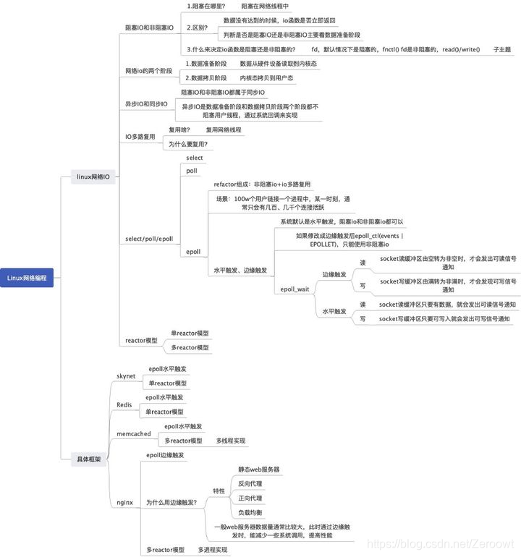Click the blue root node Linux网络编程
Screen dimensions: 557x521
[x=27, y=277]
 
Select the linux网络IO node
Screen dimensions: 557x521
[x=93, y=176]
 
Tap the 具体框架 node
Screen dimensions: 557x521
[x=89, y=459]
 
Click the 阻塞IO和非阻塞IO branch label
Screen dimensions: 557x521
[x=150, y=27]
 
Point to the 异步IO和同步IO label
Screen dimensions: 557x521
[x=147, y=104]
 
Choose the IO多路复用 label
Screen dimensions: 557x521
[x=140, y=136]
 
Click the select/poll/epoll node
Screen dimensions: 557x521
[x=149, y=239]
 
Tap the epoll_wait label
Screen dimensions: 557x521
[x=295, y=289]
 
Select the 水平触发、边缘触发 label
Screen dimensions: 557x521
[x=240, y=270]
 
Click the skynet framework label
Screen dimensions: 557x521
[x=126, y=376]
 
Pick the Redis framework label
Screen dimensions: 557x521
[x=124, y=404]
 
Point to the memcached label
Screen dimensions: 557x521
[x=134, y=433]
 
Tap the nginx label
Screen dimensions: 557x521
[x=124, y=501]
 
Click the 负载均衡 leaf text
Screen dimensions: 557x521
[x=252, y=512]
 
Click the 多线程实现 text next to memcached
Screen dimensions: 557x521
[x=231, y=440]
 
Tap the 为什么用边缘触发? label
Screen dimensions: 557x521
[x=171, y=501]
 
